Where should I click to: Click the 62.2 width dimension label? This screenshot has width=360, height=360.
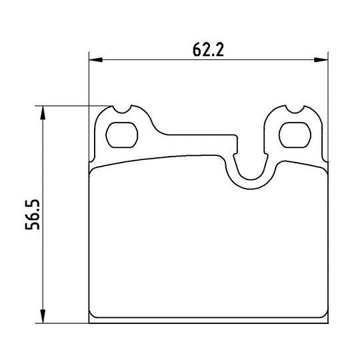click(208, 49)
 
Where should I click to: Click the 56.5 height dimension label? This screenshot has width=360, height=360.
click(33, 215)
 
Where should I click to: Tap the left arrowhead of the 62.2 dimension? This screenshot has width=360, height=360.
click(95, 60)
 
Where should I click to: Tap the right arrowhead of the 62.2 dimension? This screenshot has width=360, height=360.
click(321, 60)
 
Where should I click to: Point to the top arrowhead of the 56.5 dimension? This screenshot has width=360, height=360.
click(43, 113)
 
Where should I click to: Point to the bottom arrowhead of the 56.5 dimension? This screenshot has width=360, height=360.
click(43, 317)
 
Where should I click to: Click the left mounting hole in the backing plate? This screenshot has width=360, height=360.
click(122, 135)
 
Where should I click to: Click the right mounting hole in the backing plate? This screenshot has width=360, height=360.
click(295, 135)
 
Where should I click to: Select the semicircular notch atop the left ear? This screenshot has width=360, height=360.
click(122, 109)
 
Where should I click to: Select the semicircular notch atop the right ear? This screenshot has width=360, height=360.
click(295, 109)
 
